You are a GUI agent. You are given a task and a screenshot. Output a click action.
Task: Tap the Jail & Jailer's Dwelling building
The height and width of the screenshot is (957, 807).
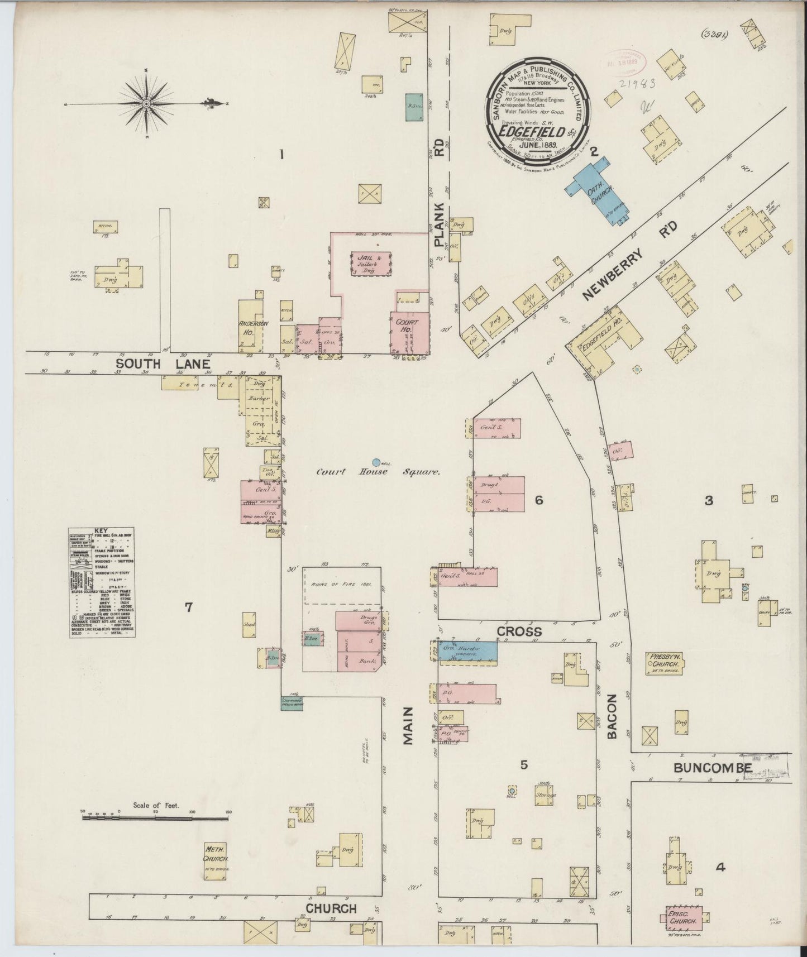[371, 264]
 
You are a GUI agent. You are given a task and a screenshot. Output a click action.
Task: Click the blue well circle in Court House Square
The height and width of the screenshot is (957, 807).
[376, 462]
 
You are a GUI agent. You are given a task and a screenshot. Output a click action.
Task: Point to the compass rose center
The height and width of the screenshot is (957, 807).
[146, 104]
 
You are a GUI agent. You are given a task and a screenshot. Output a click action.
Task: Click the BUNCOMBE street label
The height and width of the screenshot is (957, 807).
[712, 768]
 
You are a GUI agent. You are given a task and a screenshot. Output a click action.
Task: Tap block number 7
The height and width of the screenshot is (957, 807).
[189, 607]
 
